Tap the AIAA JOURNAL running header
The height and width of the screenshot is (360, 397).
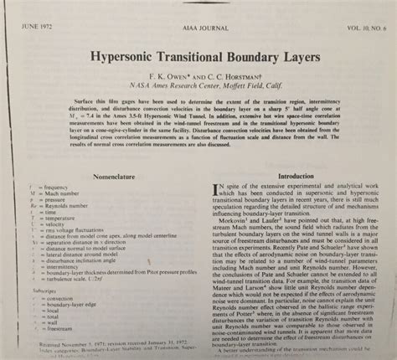[201, 10]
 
